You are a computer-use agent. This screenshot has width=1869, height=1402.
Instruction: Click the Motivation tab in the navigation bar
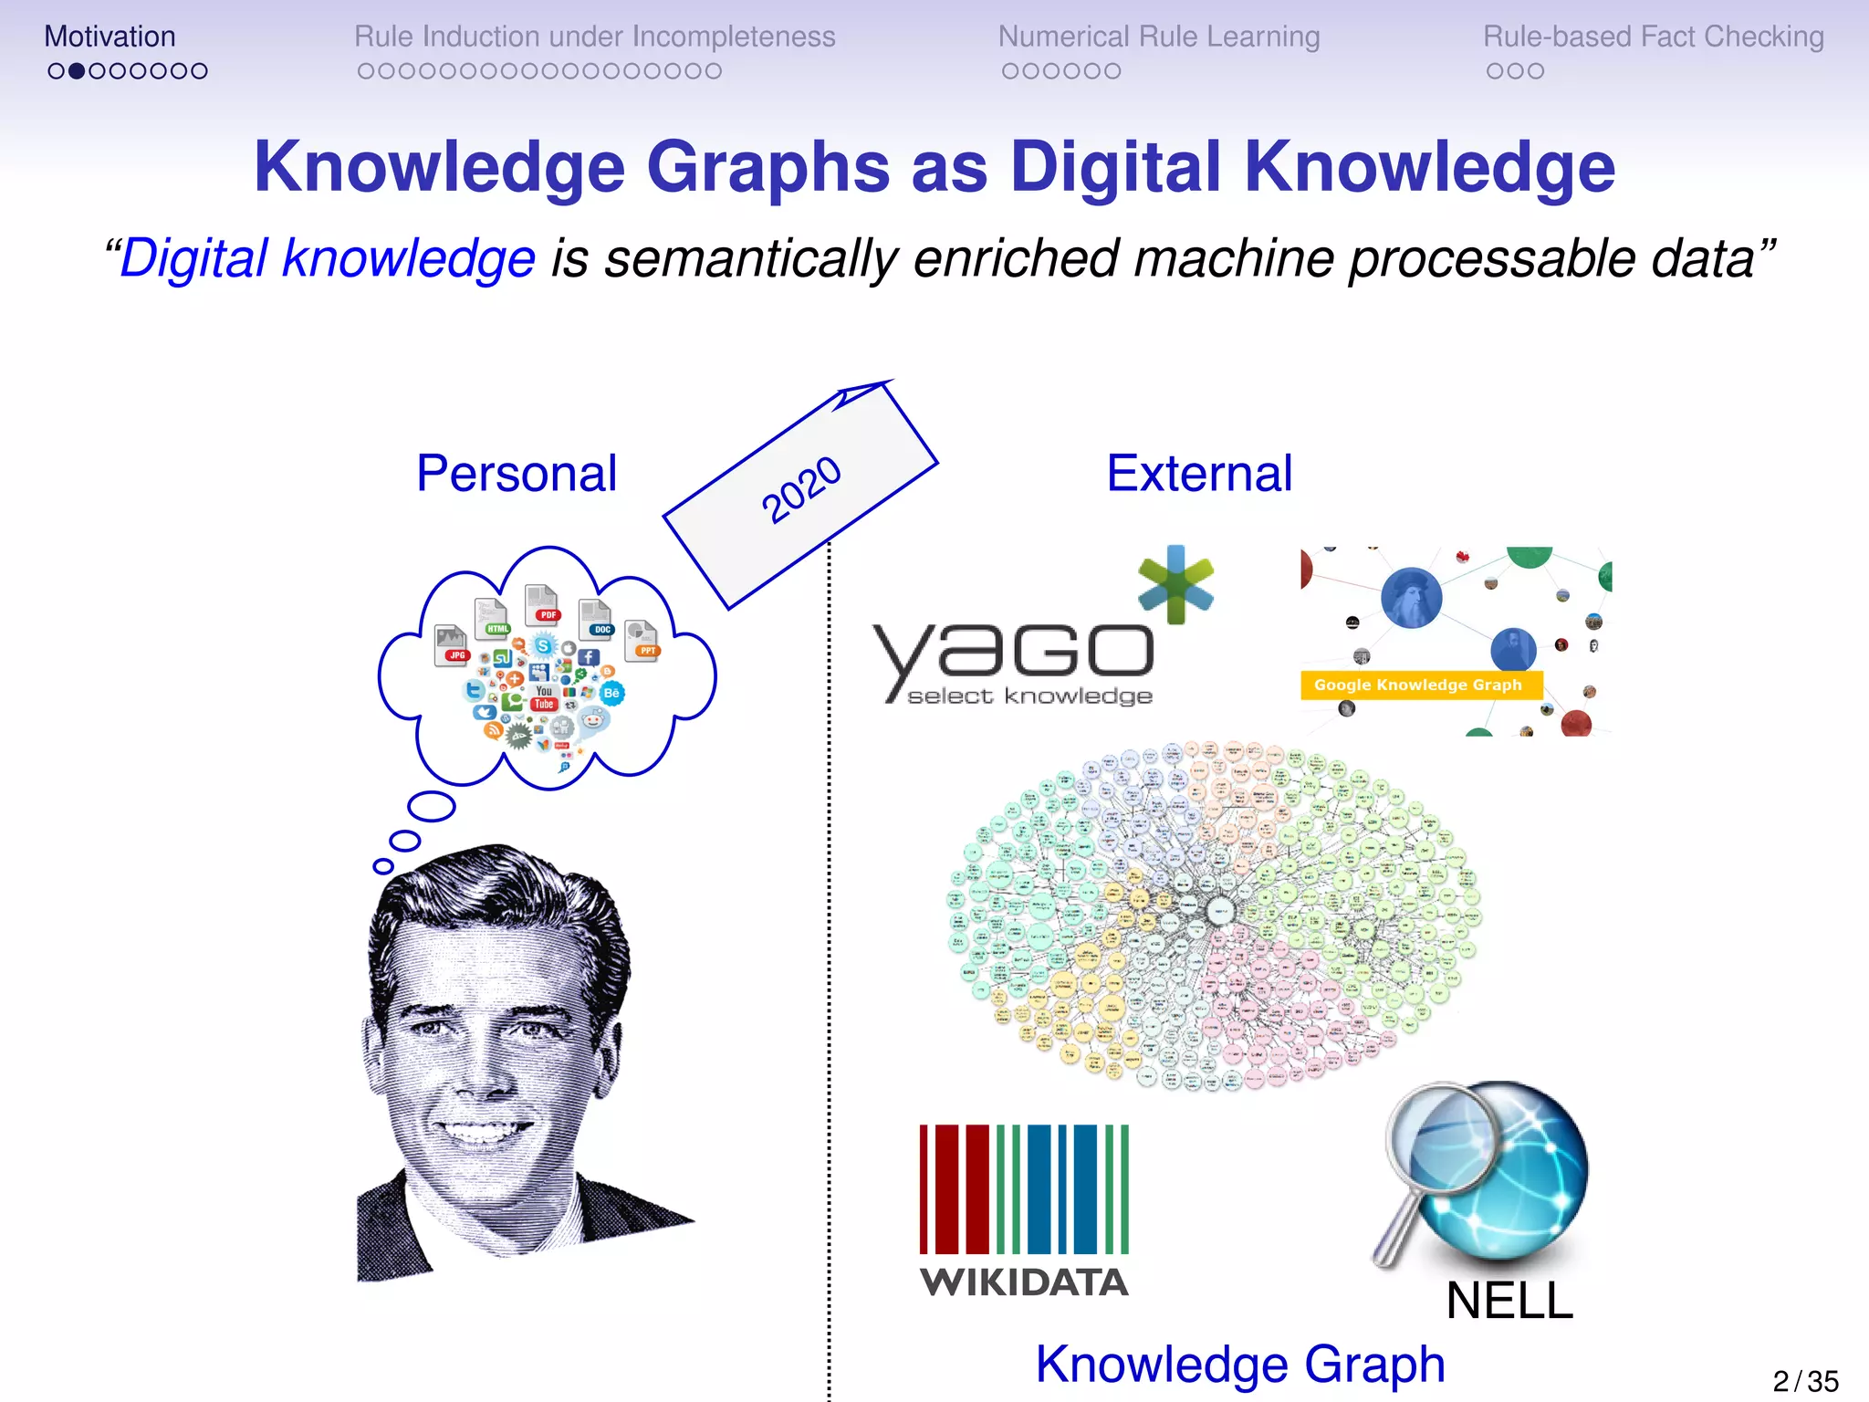click(110, 37)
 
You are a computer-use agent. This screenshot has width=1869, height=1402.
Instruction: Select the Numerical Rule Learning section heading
click(1159, 37)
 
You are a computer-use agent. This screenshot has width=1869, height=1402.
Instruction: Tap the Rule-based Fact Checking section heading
click(1653, 37)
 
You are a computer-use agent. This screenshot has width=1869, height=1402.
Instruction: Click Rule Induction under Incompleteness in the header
click(594, 37)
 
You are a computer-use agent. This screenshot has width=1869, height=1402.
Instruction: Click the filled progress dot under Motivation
click(77, 71)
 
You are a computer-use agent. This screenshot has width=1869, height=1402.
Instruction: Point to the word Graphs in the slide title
click(767, 168)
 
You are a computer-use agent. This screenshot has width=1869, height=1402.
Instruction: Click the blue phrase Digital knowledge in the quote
click(327, 258)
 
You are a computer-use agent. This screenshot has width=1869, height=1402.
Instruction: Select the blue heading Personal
click(517, 474)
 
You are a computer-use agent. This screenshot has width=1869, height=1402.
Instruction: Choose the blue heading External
click(1199, 474)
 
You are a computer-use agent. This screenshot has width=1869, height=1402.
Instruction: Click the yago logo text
click(1013, 654)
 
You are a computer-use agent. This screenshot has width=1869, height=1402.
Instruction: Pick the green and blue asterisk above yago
click(1175, 584)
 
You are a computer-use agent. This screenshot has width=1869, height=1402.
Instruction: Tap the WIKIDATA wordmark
click(1024, 1282)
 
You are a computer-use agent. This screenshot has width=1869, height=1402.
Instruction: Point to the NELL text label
click(1509, 1301)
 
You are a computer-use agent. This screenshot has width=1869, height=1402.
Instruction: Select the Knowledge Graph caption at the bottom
click(1240, 1365)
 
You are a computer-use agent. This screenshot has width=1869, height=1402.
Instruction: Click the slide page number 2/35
click(1805, 1381)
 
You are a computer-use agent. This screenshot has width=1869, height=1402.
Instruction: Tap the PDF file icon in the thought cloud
click(543, 604)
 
